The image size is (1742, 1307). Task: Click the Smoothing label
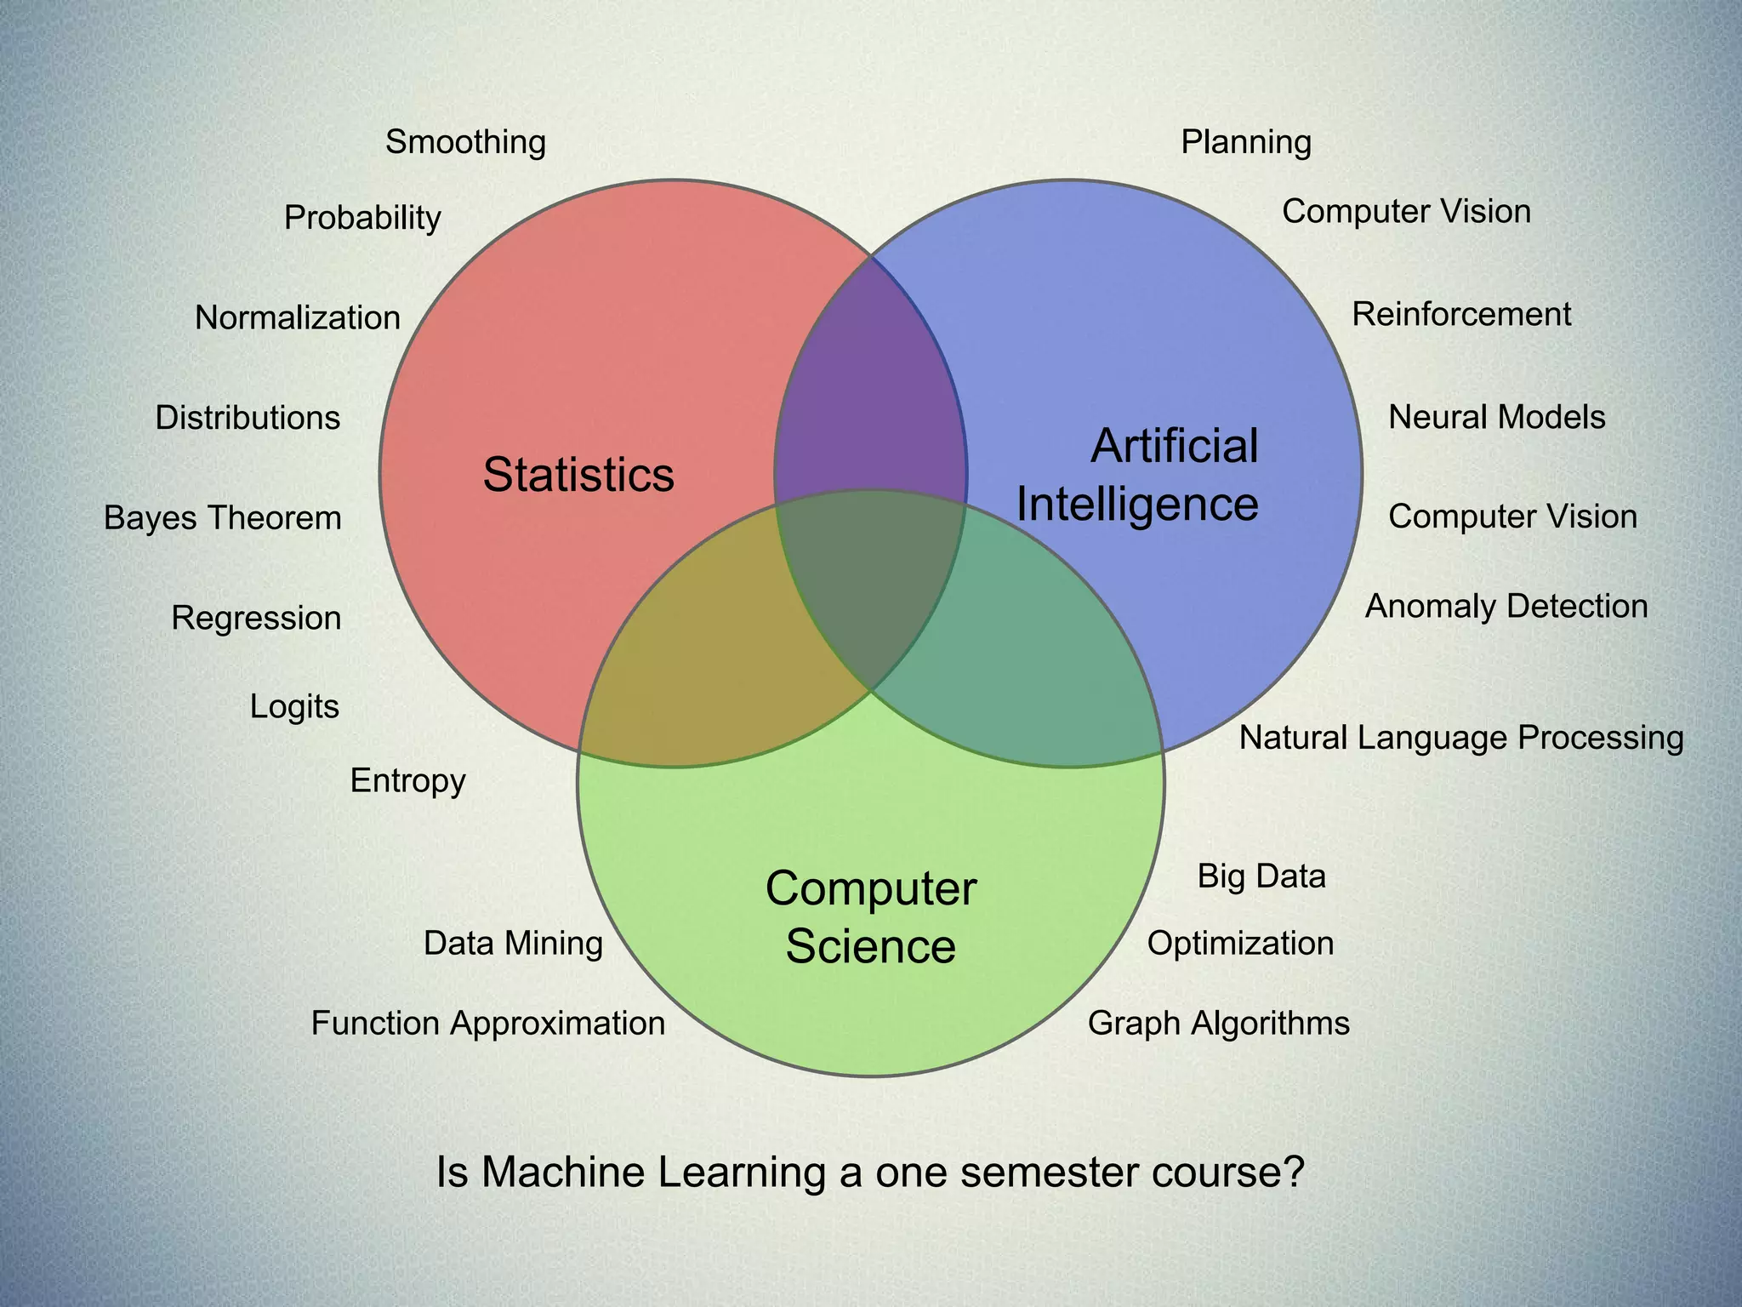pos(465,142)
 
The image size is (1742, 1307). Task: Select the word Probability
pos(362,218)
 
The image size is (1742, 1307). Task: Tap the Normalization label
pos(297,318)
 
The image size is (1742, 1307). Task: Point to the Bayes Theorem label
pos(222,518)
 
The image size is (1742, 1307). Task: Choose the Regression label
pos(256,619)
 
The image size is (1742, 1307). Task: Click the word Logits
pos(294,707)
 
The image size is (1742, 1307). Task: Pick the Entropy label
pos(407,781)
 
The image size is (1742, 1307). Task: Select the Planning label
pos(1246,142)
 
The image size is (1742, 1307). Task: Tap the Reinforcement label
pos(1461,315)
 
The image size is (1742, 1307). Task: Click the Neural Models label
pos(1497,418)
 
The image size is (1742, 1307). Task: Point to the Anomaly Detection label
pos(1506,607)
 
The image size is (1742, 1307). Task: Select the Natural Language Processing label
pos(1461,738)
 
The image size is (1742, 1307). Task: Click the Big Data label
pos(1261,876)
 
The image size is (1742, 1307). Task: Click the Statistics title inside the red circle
pos(578,475)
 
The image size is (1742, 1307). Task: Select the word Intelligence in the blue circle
pos(1137,504)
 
